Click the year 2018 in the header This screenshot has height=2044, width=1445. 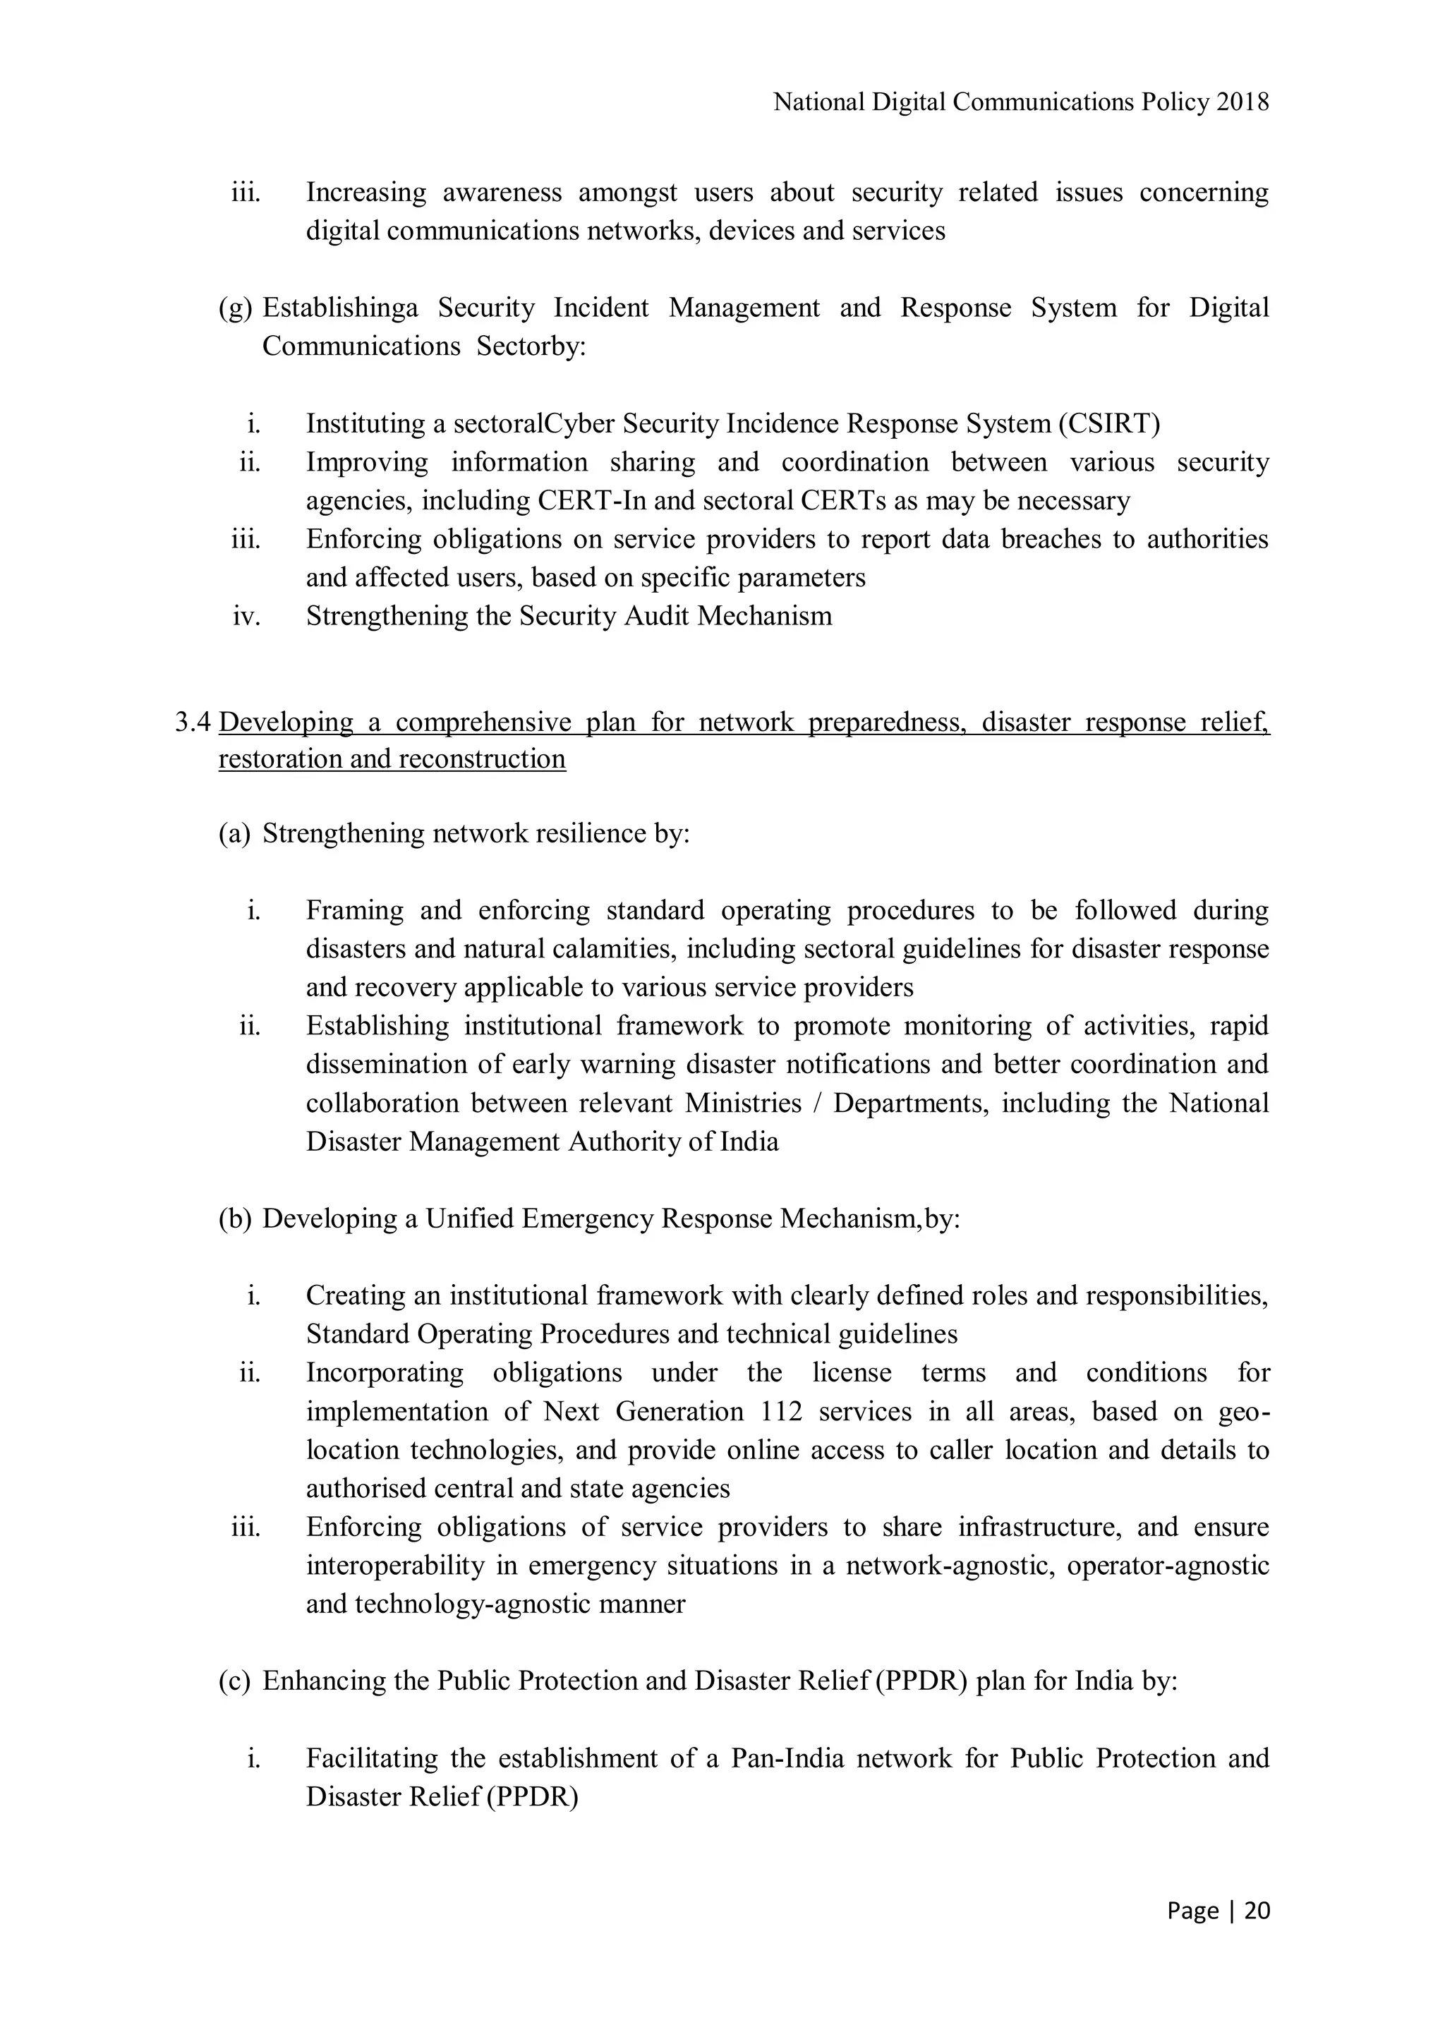click(x=1243, y=103)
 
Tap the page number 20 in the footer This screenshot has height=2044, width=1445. click(x=1257, y=1911)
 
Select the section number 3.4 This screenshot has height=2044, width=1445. click(x=193, y=722)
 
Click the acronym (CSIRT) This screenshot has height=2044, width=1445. click(x=1109, y=424)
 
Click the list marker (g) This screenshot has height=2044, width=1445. click(x=236, y=308)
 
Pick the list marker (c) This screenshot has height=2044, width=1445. click(x=235, y=1681)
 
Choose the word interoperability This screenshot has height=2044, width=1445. click(x=397, y=1566)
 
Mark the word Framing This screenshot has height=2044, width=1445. click(x=354, y=911)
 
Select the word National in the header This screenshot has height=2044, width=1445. click(x=818, y=103)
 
